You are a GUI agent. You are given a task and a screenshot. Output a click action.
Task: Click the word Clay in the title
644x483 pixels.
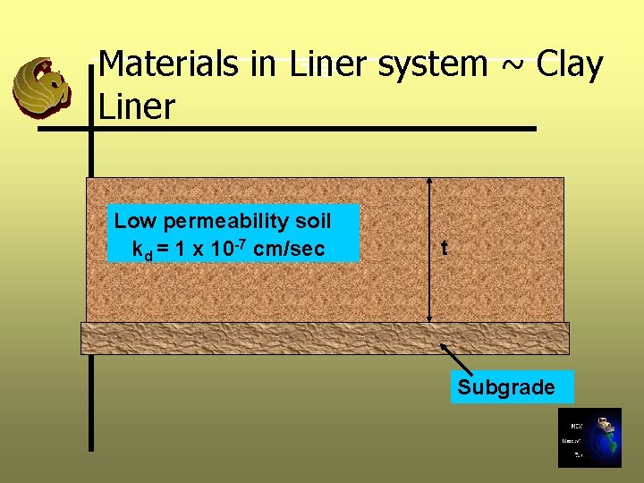[570, 64]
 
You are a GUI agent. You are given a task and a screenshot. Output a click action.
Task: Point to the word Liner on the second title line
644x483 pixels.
[137, 106]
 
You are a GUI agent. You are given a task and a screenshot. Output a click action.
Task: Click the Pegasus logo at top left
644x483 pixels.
[41, 87]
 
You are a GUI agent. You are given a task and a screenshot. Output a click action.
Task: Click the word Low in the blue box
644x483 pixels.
[134, 221]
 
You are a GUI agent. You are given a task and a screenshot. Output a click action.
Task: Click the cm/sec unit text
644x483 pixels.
[289, 249]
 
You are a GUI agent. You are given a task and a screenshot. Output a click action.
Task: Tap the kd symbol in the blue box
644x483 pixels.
[141, 250]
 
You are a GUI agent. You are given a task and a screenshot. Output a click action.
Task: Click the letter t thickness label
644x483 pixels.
[444, 248]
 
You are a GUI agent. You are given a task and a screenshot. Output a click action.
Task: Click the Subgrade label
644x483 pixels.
[506, 387]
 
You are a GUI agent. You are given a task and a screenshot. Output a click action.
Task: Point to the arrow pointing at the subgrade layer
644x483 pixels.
[458, 359]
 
